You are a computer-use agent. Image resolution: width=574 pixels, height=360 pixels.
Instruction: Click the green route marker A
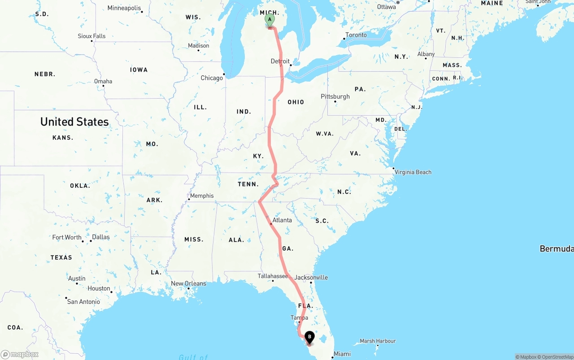point(270,20)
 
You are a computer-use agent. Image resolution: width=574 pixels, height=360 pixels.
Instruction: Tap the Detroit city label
point(280,61)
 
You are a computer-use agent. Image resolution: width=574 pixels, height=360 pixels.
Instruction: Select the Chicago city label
point(212,78)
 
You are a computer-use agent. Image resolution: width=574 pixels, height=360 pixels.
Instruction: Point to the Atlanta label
point(282,220)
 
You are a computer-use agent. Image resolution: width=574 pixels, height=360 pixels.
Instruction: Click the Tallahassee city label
point(273,276)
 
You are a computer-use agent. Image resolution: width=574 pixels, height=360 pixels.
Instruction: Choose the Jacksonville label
point(311,278)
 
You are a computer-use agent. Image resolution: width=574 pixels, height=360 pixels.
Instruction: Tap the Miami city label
point(342,354)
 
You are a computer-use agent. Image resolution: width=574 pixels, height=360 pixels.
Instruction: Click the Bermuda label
point(557,249)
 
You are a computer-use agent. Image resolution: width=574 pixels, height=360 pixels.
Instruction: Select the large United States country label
point(74,122)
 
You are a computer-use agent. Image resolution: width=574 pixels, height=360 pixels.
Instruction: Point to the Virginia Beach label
point(413,172)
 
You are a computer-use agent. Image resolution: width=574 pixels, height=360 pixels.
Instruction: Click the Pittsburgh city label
point(335,96)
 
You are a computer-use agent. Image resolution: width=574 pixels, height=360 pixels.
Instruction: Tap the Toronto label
point(356,35)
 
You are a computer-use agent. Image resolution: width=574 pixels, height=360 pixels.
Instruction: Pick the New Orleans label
point(188,283)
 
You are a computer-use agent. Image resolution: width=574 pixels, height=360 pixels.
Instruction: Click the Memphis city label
point(202,196)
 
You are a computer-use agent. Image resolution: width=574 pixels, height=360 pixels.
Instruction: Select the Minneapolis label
point(124,8)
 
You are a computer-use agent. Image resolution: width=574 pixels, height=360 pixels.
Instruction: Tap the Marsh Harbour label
point(378,341)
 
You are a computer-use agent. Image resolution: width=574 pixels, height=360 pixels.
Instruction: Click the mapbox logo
point(20,354)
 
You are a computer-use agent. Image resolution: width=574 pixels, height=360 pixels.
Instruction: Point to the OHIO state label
point(296,102)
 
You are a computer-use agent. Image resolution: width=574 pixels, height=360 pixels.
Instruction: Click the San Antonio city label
point(83,302)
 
